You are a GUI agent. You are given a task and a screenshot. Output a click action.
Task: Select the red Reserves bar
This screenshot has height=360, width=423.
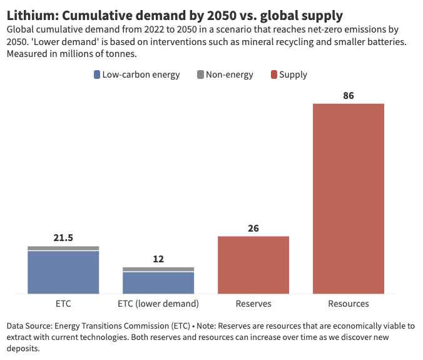click(x=253, y=265)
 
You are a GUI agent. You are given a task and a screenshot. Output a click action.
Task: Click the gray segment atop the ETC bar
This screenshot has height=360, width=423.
click(x=63, y=248)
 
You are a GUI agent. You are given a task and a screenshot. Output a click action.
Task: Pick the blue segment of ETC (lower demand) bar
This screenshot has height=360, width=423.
click(x=158, y=282)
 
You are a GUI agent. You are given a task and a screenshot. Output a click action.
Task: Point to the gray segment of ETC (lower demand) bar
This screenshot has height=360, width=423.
click(x=158, y=269)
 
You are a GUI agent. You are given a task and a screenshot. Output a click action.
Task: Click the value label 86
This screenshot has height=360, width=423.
click(x=349, y=96)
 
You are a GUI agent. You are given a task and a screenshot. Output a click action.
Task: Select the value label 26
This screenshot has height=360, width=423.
click(x=253, y=229)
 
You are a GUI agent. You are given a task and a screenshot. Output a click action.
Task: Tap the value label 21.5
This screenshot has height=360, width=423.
click(x=63, y=238)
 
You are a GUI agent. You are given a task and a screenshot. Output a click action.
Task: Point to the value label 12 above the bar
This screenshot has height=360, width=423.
click(x=158, y=259)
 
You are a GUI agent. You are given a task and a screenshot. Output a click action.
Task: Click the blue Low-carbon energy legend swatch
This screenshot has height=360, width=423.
click(x=97, y=75)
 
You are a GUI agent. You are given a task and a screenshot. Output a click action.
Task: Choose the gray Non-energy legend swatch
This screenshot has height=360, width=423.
click(x=200, y=75)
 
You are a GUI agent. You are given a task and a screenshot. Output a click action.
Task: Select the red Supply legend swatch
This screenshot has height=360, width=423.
click(x=273, y=75)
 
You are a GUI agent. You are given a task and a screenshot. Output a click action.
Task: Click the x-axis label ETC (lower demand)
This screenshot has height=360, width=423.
click(x=158, y=304)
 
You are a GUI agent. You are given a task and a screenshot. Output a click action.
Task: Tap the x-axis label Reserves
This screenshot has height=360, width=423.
click(x=253, y=304)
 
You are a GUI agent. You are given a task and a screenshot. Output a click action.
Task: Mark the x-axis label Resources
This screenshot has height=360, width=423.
click(x=349, y=304)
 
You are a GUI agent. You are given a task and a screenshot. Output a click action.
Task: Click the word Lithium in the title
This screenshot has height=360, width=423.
click(x=31, y=14)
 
